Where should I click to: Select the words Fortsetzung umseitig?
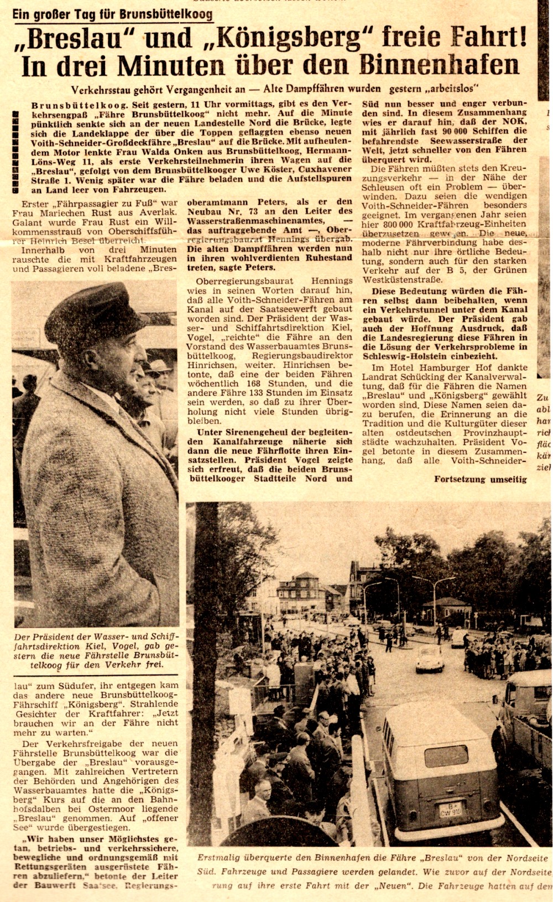pos(480,479)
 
